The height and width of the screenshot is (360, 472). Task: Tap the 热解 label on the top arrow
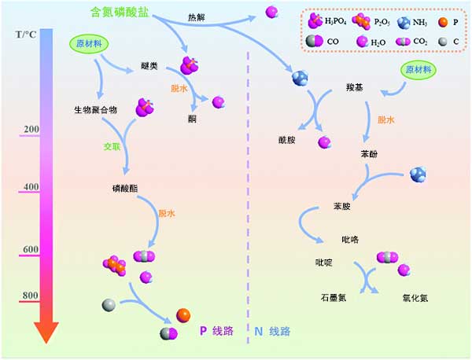tap(198, 17)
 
